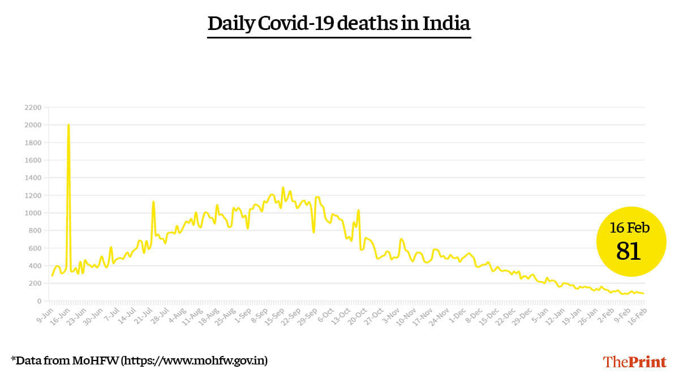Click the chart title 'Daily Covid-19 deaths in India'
(x=339, y=24)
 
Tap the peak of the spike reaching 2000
(x=68, y=125)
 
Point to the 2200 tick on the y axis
(x=33, y=107)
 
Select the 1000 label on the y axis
(x=33, y=213)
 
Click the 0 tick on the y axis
(x=39, y=301)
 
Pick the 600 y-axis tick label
(x=35, y=248)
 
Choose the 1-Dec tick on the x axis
(x=457, y=315)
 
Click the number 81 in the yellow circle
(x=628, y=251)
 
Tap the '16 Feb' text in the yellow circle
(x=629, y=228)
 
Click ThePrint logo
(x=634, y=362)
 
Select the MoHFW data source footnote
(x=139, y=360)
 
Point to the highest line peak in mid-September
(x=283, y=187)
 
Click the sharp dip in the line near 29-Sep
(x=313, y=231)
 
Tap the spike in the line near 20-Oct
(x=358, y=211)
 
